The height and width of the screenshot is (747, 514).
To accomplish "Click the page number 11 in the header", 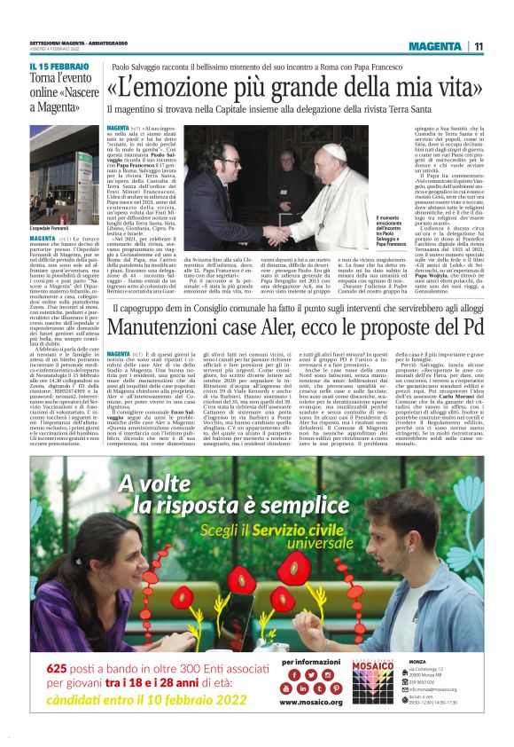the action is [478, 46].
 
